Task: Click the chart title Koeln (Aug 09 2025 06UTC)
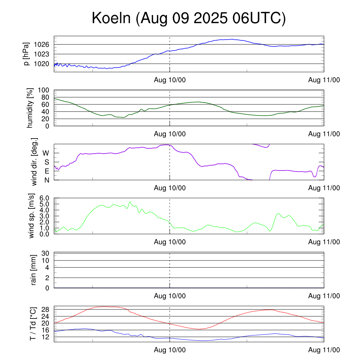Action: [188, 18]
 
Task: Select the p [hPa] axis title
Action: [27, 54]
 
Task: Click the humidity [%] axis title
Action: [30, 108]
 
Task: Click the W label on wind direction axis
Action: [46, 153]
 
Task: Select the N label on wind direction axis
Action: [46, 180]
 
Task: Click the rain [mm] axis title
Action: [34, 270]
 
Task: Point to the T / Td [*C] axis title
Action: [33, 324]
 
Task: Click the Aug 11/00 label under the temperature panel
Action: [324, 350]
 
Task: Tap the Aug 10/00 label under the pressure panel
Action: [170, 80]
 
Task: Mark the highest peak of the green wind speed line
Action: [130, 202]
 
